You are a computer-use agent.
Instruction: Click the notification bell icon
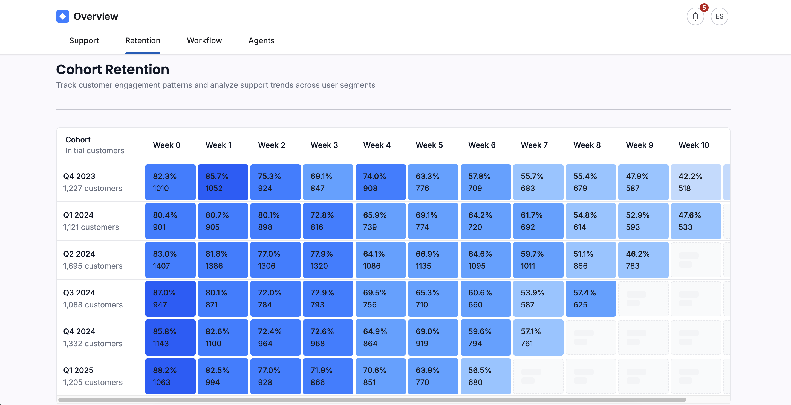point(695,17)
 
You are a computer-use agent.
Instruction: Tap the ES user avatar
point(719,17)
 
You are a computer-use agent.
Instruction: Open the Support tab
point(84,40)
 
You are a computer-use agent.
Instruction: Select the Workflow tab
point(204,40)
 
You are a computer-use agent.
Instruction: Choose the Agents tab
point(261,40)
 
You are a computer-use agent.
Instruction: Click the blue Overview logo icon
point(63,17)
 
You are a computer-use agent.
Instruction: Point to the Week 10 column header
point(693,145)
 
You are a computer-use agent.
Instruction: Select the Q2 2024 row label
point(79,254)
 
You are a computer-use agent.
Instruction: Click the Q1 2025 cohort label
point(78,370)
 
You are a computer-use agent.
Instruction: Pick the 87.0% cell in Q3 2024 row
point(170,298)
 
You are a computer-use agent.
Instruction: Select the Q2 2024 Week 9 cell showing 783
point(643,260)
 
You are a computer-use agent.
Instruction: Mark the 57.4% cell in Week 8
point(590,298)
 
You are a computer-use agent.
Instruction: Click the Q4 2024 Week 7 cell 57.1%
point(538,337)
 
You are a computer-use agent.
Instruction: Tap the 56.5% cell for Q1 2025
point(486,376)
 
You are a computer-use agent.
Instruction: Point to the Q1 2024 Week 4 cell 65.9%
point(380,221)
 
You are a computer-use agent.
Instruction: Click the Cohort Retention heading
point(112,69)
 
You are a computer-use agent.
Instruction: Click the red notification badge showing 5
point(704,8)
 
